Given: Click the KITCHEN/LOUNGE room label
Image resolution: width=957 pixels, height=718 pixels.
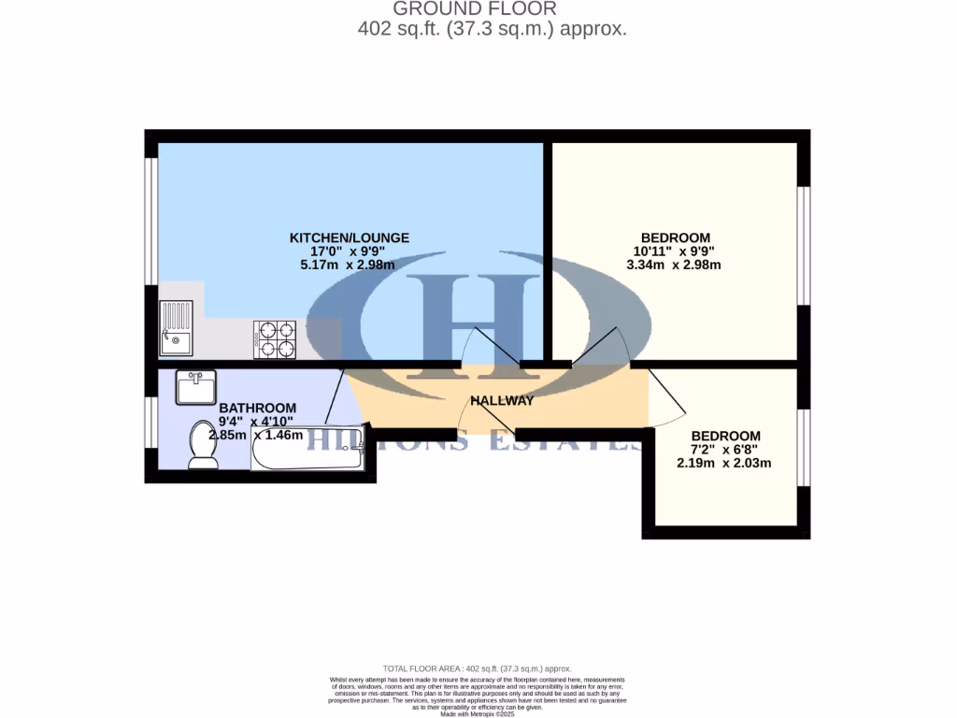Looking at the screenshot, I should point(349,237).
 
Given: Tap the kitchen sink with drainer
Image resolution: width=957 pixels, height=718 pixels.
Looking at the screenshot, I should point(176,328).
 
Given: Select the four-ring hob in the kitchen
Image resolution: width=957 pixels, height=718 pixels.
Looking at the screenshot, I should point(275,339).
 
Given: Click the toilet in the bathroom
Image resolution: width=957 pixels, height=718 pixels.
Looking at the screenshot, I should point(201,444).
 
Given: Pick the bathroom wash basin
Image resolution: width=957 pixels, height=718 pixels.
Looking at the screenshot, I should point(195,387).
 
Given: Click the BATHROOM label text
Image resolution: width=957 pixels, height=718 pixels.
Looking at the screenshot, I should point(257,409).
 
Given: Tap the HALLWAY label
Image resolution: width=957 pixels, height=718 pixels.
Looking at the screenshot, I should point(502,401).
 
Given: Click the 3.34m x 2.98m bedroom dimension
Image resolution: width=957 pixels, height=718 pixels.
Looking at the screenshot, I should point(674,265).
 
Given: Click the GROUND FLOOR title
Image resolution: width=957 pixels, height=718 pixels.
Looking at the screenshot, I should point(475,9).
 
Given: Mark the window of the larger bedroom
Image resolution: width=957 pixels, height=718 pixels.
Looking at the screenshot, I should point(801,246).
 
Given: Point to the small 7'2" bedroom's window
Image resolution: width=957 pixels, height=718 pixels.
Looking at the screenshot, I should point(801,447).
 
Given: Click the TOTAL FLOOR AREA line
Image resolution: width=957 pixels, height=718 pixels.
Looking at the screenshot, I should point(478,668).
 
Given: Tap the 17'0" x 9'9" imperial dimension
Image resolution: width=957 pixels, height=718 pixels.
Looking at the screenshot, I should point(349,251).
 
